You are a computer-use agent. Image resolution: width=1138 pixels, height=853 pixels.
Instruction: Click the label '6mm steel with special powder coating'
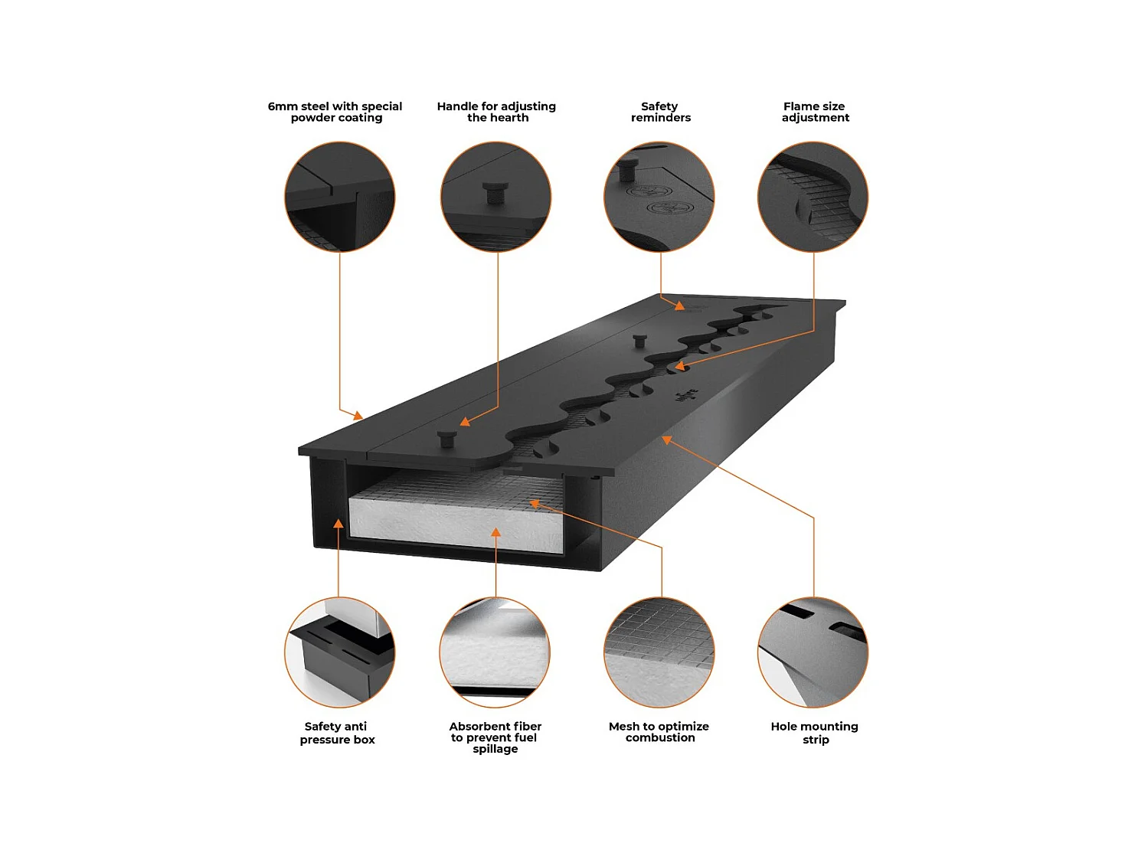(x=335, y=112)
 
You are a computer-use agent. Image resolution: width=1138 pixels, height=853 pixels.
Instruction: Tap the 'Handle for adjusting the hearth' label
(x=496, y=112)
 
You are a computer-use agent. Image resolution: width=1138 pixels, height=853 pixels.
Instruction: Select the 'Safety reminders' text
(x=660, y=112)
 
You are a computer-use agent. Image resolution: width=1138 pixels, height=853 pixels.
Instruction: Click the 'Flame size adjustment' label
(x=815, y=112)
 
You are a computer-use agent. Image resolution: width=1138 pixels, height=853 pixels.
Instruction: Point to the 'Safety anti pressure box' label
(x=337, y=733)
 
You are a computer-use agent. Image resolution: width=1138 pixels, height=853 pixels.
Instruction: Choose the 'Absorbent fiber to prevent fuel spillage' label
(x=495, y=737)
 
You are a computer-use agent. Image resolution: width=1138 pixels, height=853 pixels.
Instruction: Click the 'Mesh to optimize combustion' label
(x=659, y=732)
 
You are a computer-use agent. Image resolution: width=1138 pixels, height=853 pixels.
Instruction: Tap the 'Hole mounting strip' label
(x=815, y=733)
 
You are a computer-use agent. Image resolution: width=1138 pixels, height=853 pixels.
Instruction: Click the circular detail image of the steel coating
(x=340, y=197)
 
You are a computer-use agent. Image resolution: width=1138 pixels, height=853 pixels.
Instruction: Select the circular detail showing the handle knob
(x=496, y=197)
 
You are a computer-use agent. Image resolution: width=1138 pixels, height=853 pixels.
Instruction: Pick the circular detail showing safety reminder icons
(x=659, y=197)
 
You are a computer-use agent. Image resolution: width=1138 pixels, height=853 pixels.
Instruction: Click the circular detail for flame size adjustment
(x=813, y=197)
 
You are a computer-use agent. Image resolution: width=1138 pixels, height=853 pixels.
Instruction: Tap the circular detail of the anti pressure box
(x=340, y=652)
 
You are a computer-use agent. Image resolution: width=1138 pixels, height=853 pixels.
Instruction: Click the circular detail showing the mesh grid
(x=659, y=652)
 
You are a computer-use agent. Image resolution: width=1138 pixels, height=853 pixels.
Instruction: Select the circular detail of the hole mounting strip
(x=813, y=652)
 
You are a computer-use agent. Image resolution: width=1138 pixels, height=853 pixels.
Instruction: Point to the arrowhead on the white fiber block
(x=495, y=531)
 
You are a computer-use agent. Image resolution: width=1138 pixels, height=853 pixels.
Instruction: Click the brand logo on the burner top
(x=686, y=395)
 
